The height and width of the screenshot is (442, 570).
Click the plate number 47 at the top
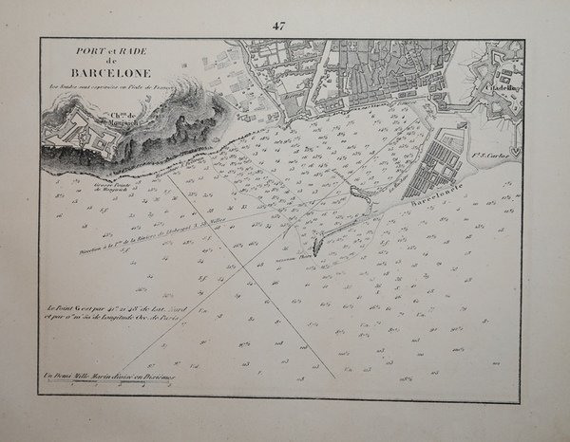(278, 26)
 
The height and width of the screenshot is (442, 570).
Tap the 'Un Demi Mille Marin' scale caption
(108, 379)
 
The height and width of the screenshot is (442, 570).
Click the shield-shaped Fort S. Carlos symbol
(515, 150)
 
